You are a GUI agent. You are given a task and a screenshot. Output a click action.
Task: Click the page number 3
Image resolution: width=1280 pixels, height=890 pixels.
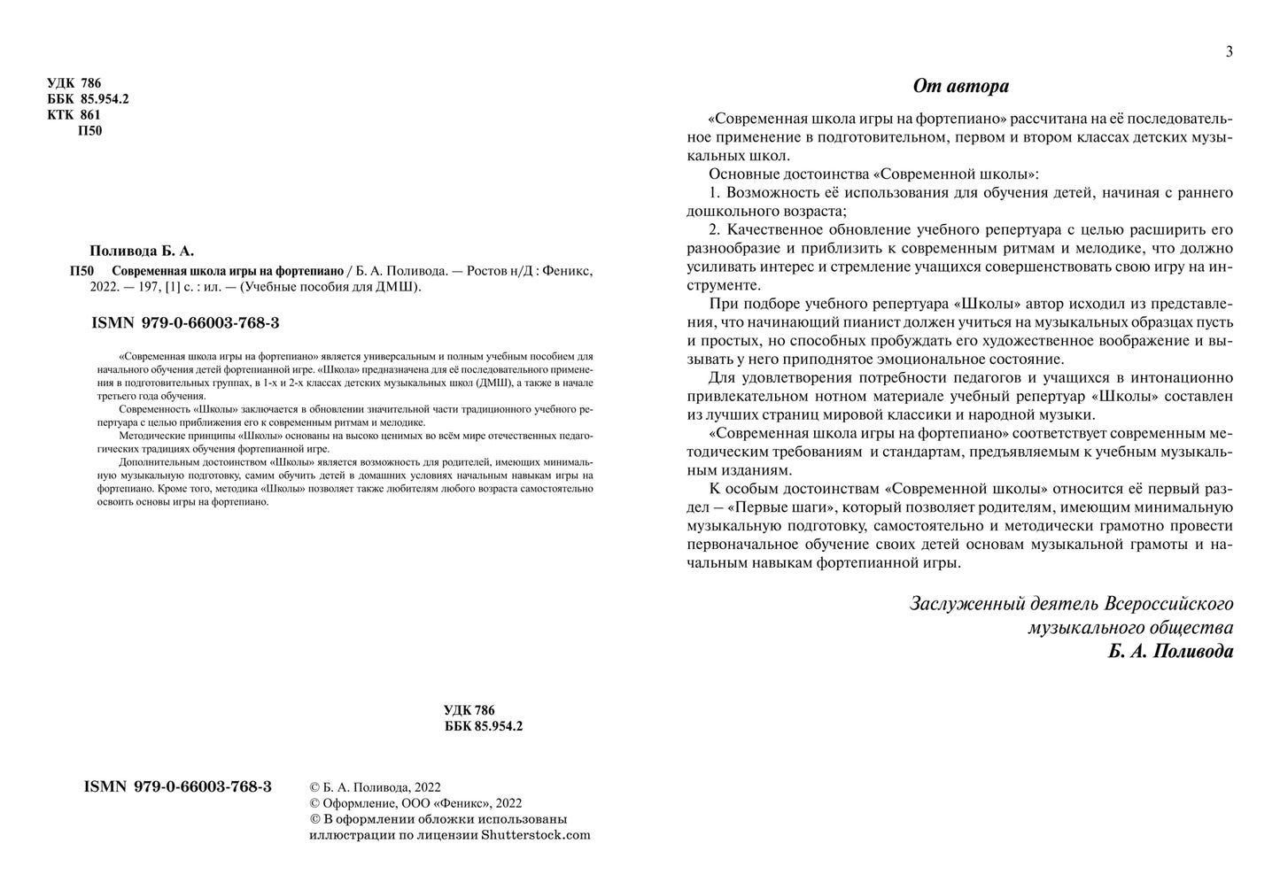[1229, 51]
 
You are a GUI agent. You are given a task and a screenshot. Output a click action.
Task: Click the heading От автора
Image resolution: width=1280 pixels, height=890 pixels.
[960, 86]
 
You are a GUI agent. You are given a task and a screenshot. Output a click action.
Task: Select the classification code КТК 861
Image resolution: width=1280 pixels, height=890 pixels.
[74, 114]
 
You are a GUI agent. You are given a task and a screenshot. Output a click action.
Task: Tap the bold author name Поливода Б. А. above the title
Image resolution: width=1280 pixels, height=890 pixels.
[142, 251]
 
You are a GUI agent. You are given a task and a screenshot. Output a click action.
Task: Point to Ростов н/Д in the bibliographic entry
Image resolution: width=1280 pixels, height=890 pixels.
[493, 272]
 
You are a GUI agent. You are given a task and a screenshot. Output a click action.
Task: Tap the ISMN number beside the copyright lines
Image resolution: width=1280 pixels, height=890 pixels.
[177, 786]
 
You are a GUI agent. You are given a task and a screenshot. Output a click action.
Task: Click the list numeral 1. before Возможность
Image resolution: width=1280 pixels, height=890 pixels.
[717, 192]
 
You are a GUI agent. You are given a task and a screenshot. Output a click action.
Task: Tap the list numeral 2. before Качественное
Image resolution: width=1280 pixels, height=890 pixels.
[717, 229]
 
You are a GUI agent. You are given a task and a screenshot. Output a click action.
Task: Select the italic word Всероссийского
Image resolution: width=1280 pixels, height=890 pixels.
[1168, 604]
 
